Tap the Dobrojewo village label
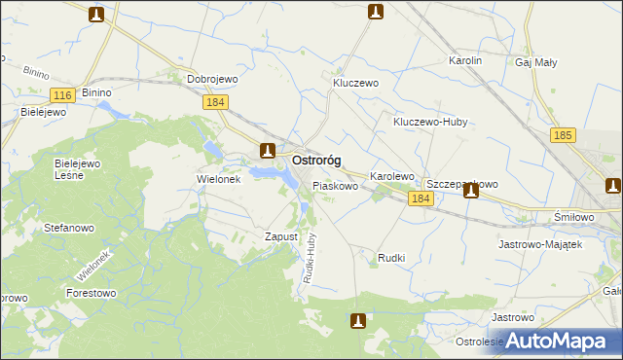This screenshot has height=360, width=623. (213, 80)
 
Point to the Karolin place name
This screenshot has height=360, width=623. (465, 60)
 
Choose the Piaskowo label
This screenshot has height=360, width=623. (336, 185)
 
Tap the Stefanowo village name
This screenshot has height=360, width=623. (68, 228)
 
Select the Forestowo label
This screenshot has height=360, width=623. (92, 292)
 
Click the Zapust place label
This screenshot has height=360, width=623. (280, 236)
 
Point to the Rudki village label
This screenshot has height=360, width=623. (390, 259)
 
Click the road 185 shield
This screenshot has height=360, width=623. (561, 136)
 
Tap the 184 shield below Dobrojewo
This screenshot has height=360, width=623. (216, 101)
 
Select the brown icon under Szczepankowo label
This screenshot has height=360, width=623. (471, 191)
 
